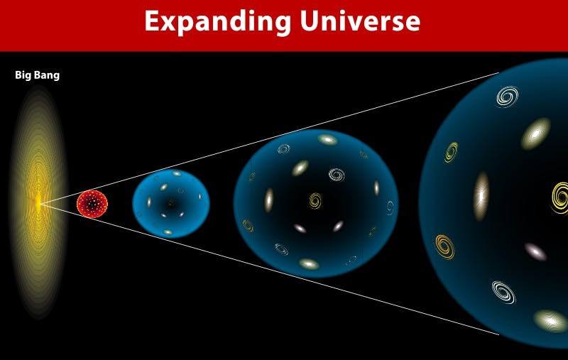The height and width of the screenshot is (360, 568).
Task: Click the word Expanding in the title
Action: point(218,23)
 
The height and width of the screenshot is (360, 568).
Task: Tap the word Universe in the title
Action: point(360,21)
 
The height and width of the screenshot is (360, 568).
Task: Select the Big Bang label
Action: point(38,75)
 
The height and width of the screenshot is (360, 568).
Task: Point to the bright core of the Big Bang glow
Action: point(38,203)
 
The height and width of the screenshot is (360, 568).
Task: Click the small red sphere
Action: point(92,204)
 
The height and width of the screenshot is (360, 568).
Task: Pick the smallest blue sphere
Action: point(171,204)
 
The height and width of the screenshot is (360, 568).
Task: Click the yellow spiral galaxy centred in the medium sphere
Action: point(315,200)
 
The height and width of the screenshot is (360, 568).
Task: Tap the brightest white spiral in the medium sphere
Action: point(337,175)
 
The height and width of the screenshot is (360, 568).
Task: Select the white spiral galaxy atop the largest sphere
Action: point(507,97)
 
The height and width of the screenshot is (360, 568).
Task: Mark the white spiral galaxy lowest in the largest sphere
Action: point(503,292)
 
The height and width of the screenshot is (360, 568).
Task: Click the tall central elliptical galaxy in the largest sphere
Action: point(481,196)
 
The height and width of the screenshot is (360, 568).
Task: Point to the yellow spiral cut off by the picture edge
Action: point(561,197)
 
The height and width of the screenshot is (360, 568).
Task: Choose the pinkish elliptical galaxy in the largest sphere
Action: point(536,251)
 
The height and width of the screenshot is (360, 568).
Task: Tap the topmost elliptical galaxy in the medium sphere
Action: point(327,139)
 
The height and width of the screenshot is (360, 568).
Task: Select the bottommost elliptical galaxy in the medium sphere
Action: point(309,263)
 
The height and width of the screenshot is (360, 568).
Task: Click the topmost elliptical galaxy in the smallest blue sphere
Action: point(176,173)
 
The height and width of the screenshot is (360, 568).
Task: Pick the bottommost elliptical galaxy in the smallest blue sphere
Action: point(168,231)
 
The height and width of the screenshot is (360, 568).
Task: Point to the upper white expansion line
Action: point(270,138)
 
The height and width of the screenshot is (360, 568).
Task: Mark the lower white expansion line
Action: point(270,269)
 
